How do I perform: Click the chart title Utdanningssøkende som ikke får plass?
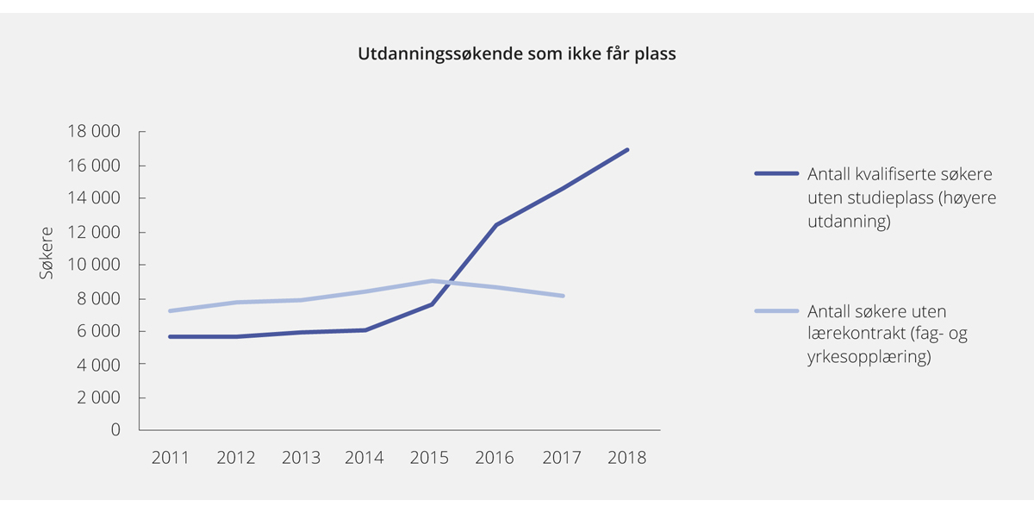click(x=517, y=54)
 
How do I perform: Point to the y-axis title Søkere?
click(x=47, y=252)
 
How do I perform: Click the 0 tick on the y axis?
click(x=115, y=430)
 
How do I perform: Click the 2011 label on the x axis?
click(x=171, y=458)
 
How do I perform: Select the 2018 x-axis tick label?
click(x=626, y=458)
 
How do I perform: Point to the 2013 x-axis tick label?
click(x=301, y=458)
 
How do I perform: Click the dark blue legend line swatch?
click(x=776, y=172)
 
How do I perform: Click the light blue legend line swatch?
click(x=776, y=310)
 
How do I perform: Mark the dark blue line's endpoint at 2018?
click(x=627, y=150)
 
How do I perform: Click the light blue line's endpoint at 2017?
click(x=563, y=296)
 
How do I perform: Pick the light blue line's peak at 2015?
click(x=432, y=280)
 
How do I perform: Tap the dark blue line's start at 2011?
click(x=171, y=336)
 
